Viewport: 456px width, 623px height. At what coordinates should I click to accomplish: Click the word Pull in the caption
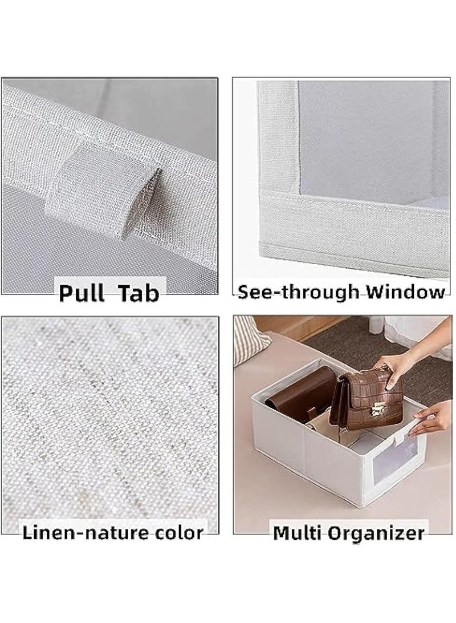pyautogui.click(x=82, y=293)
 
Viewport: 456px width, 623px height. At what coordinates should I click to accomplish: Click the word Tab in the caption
pyautogui.click(x=139, y=293)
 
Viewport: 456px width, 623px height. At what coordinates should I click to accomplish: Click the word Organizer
pyautogui.click(x=376, y=533)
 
